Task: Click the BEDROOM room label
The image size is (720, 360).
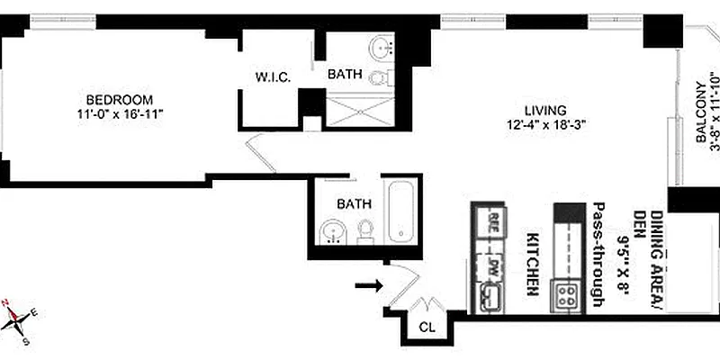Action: (119, 99)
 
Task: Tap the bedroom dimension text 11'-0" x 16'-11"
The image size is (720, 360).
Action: (119, 114)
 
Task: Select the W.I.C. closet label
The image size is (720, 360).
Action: (271, 77)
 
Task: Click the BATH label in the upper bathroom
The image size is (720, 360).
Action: (346, 75)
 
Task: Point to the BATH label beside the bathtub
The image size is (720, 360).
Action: (353, 204)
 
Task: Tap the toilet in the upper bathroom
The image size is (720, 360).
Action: (380, 78)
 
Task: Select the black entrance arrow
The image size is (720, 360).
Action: (368, 286)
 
